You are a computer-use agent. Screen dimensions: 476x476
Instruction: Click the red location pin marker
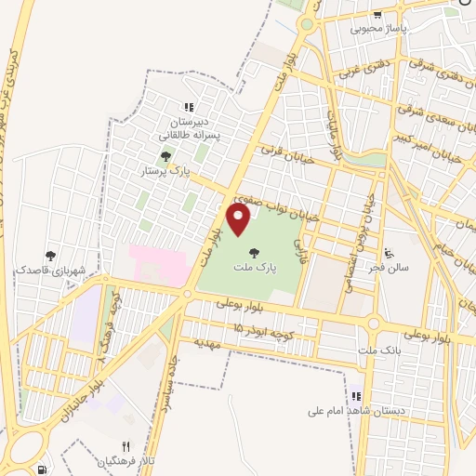[239, 219]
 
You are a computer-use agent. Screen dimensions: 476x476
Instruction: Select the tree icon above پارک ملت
[253, 251]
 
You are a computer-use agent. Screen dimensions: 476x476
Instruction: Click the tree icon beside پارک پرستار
[165, 156]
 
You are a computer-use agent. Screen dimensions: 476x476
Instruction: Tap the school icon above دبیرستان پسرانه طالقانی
[189, 107]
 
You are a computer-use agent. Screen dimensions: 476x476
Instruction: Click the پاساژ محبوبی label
[377, 29]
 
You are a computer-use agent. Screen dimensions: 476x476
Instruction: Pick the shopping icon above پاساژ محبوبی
[377, 13]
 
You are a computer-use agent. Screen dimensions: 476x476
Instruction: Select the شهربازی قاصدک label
[50, 270]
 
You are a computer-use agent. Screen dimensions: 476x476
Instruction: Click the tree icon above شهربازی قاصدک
[49, 254]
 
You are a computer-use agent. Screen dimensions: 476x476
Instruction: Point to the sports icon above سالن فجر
[390, 251]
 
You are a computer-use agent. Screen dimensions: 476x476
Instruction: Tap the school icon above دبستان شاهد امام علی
[353, 393]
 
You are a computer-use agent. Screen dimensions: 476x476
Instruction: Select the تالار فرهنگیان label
[124, 461]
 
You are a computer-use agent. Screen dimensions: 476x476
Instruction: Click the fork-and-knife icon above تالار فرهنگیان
[126, 445]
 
